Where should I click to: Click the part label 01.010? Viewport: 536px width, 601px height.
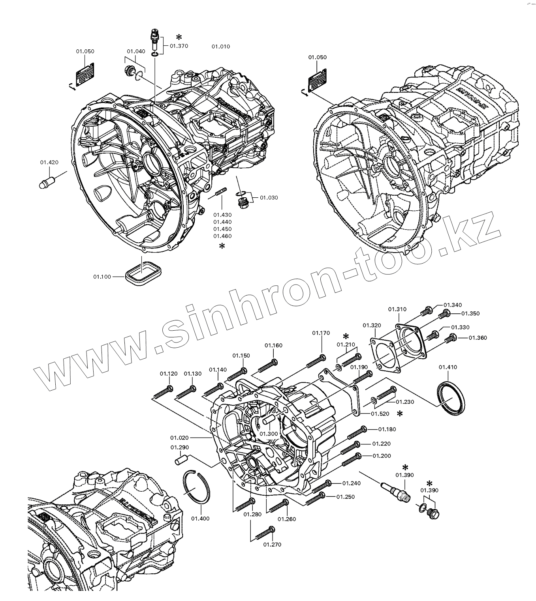pos(220,47)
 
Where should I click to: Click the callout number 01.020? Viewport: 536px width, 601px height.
pos(179,438)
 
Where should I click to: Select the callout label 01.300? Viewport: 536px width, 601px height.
pos(269,434)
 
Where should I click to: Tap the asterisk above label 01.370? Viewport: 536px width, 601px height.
pos(179,37)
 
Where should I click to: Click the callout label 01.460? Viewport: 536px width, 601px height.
pos(222,236)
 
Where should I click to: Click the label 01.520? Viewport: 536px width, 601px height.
pos(380,414)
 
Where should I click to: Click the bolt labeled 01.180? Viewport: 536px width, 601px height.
pos(357,432)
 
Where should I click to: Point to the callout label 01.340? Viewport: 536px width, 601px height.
pos(452,305)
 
